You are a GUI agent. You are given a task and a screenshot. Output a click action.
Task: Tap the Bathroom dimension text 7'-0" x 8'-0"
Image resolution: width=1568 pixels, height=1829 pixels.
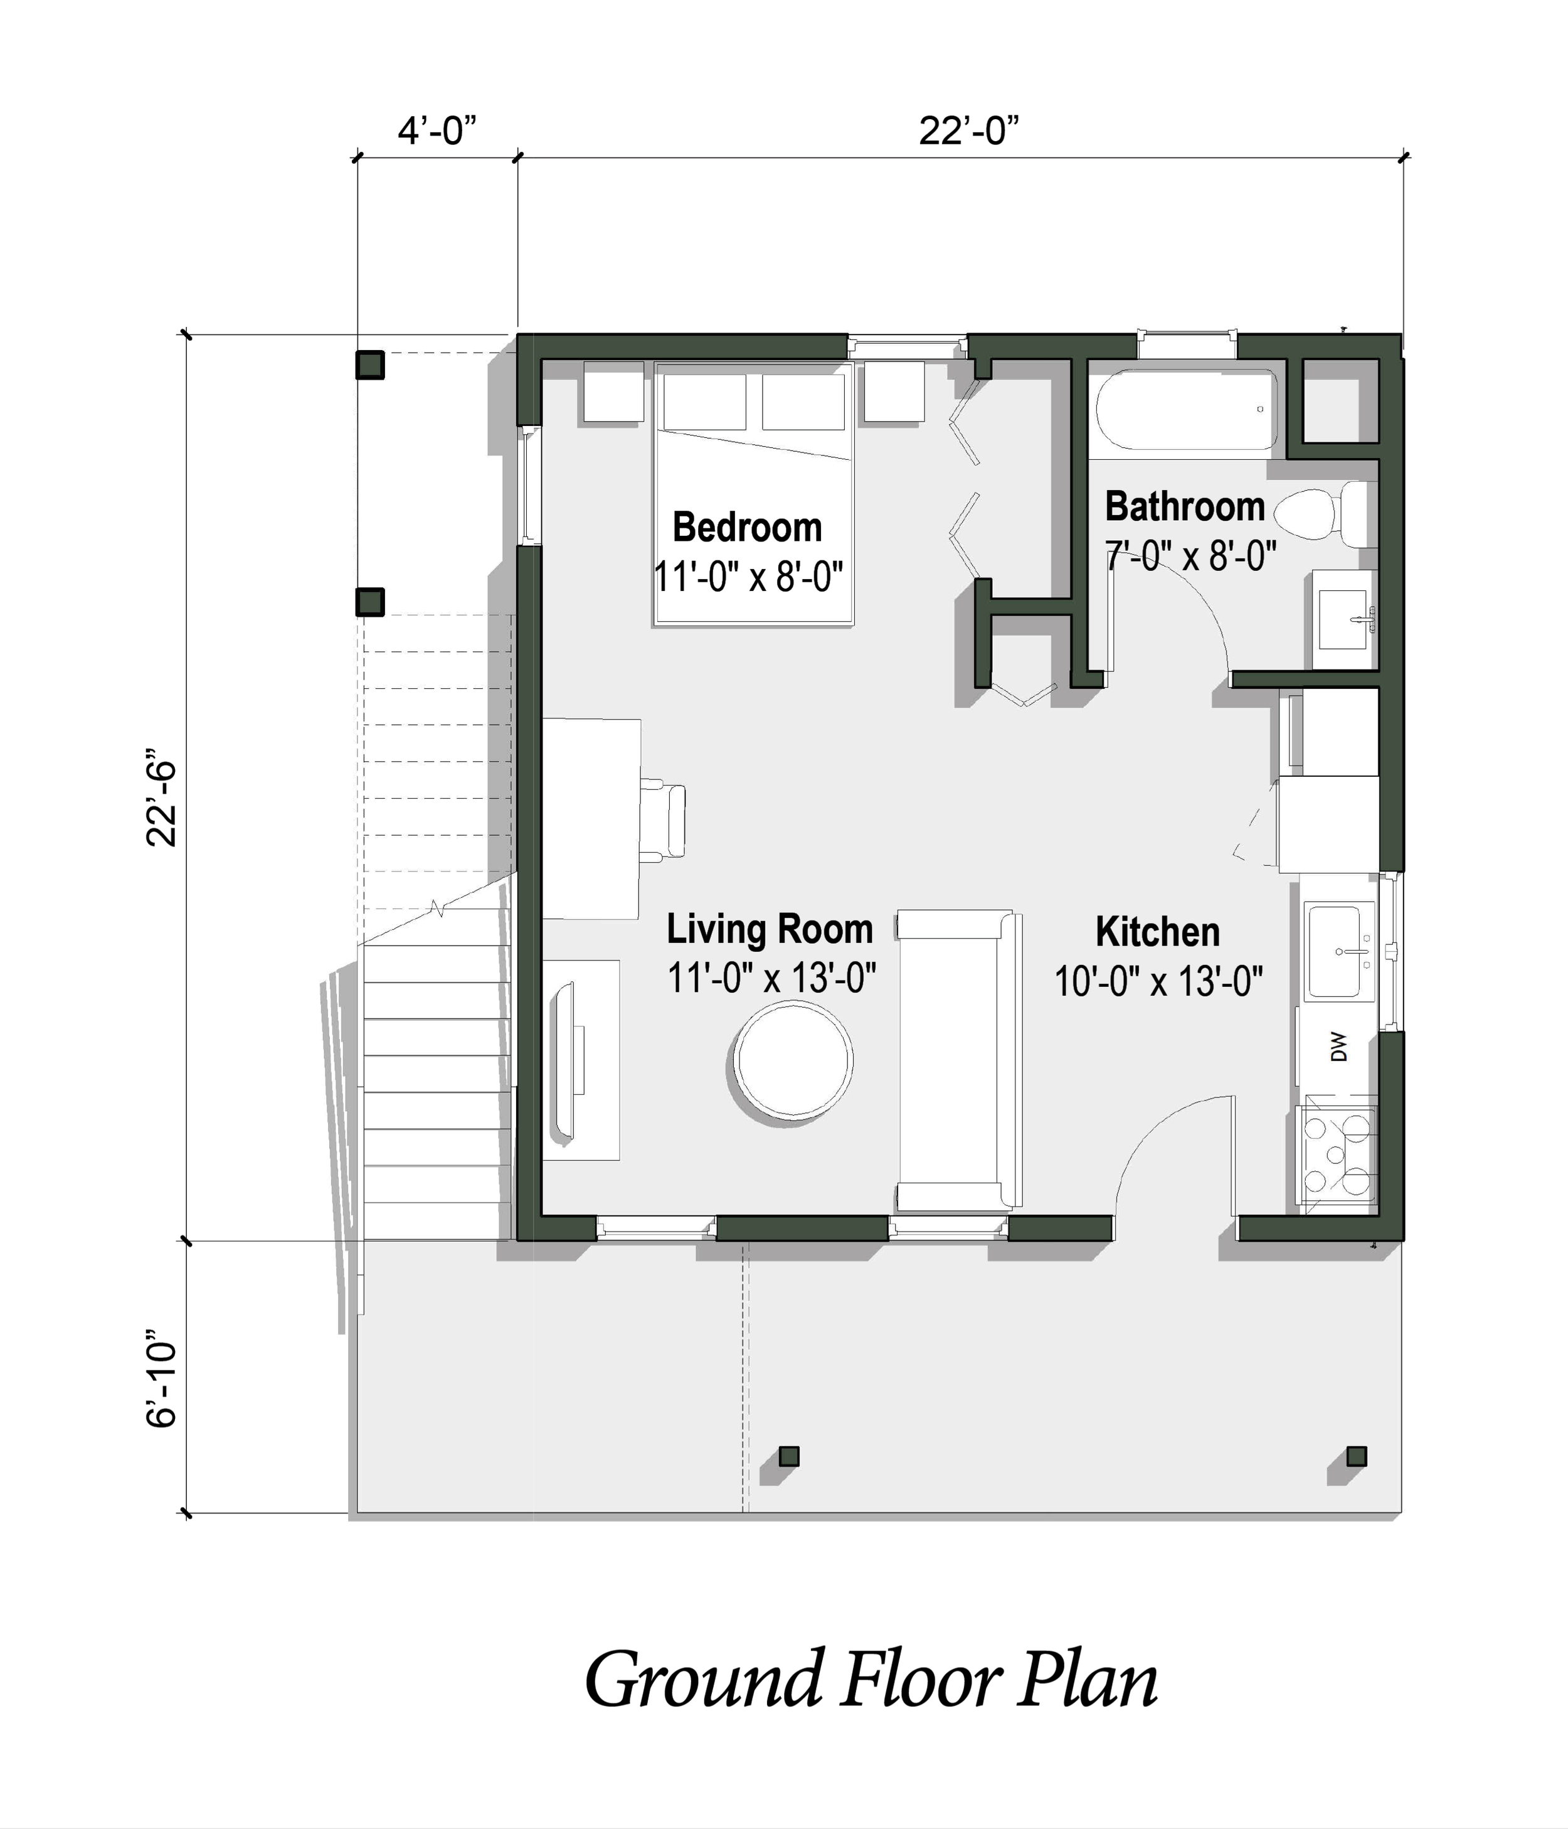point(1190,556)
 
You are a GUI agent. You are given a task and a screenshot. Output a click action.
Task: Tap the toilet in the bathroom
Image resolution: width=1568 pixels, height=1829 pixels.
point(1322,514)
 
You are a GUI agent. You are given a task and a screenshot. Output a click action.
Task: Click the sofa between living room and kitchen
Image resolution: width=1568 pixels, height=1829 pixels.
point(958,1061)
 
